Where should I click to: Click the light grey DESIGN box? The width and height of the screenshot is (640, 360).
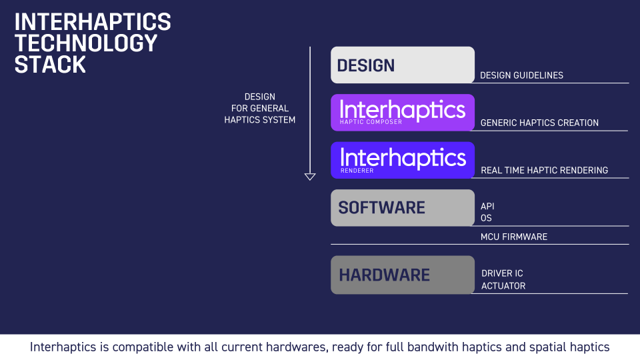pos(402,65)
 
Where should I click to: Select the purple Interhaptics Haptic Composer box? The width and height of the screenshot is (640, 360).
pos(402,112)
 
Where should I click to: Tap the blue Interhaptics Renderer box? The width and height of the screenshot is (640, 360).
pos(402,160)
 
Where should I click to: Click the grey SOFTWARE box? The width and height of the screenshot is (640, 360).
pos(402,207)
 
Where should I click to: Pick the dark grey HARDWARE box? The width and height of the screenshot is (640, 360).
pos(402,275)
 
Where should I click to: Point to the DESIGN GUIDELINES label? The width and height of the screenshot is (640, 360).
pos(521,75)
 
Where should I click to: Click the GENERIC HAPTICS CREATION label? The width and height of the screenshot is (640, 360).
pos(539,123)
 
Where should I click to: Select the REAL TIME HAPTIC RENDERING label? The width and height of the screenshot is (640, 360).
pos(544,170)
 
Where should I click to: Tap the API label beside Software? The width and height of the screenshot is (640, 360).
pos(487,206)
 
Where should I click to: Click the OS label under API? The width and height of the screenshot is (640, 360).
pos(486,218)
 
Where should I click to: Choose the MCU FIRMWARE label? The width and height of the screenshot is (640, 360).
pos(513,237)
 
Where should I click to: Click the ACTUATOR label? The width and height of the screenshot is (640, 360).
pos(503,286)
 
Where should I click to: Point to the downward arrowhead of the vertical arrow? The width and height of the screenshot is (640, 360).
pos(310,177)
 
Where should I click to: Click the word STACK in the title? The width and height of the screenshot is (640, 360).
pos(50,65)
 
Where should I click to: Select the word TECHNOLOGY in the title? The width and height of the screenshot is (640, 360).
pos(85,43)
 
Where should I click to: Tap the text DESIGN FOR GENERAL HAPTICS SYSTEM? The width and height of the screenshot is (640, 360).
pos(260,108)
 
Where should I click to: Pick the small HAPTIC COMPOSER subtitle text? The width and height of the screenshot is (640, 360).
pos(371,123)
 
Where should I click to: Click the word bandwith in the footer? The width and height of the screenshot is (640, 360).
pos(435,347)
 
